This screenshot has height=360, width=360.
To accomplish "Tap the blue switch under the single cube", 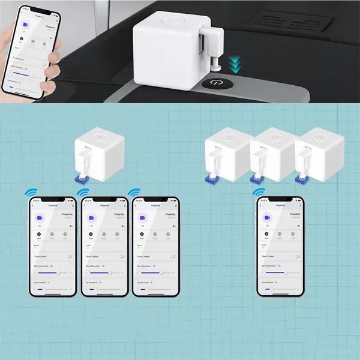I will click(83, 178).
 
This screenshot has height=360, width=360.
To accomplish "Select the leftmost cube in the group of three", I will click(226, 155).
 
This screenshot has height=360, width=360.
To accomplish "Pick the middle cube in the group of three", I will click(271, 155).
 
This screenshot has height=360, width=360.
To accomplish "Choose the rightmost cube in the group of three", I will click(318, 155).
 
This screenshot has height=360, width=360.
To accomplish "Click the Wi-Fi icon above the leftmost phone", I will click(30, 193).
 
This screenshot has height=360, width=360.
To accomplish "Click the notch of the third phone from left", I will click(155, 200).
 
